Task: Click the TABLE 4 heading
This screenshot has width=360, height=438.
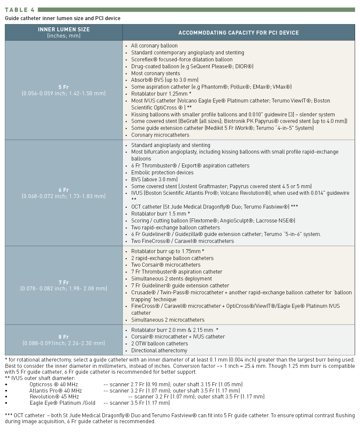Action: [x=20, y=10]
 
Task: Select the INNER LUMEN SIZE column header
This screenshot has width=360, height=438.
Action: [x=64, y=29]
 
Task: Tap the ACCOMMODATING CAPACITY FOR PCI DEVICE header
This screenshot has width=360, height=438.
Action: [x=238, y=33]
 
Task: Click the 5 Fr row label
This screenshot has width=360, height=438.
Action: [x=64, y=87]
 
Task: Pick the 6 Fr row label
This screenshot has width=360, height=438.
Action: [x=64, y=190]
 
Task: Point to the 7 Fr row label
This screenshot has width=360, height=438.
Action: [x=64, y=282]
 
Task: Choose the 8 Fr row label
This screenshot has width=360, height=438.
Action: [x=64, y=337]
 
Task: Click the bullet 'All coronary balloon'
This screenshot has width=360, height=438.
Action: [x=154, y=46]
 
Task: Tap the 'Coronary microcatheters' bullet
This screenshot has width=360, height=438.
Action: [x=160, y=135]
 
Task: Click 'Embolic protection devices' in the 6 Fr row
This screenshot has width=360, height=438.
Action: [x=162, y=172]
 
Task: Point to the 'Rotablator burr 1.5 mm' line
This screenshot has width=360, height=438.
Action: [x=160, y=214]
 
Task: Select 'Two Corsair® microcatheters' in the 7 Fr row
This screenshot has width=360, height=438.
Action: [x=166, y=265]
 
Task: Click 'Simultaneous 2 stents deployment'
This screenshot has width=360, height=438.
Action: [x=171, y=278]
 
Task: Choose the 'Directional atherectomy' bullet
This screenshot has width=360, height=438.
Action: [x=159, y=350]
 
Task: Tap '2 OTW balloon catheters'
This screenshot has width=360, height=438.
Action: [x=159, y=343]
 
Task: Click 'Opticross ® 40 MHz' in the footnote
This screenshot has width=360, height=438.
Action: [x=54, y=384]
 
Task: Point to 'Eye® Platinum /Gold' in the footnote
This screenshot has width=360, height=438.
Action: [x=62, y=403]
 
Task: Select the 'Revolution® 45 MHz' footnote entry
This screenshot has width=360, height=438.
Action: [x=54, y=396]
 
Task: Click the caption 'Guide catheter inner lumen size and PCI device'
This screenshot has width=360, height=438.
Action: [x=63, y=18]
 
